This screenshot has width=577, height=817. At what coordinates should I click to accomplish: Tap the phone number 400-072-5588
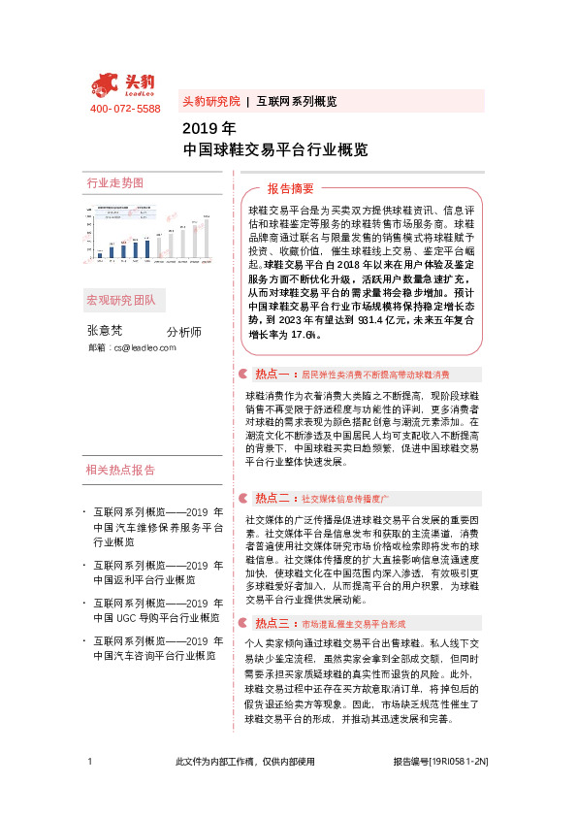(x=124, y=109)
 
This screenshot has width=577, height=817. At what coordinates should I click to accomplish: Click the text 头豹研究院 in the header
(x=210, y=101)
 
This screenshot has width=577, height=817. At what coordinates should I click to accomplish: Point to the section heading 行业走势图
(x=115, y=182)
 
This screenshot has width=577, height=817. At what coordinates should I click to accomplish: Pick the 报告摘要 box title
(x=291, y=188)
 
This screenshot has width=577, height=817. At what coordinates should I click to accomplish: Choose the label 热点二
(x=272, y=498)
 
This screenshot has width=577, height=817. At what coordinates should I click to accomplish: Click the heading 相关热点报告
(x=120, y=471)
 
